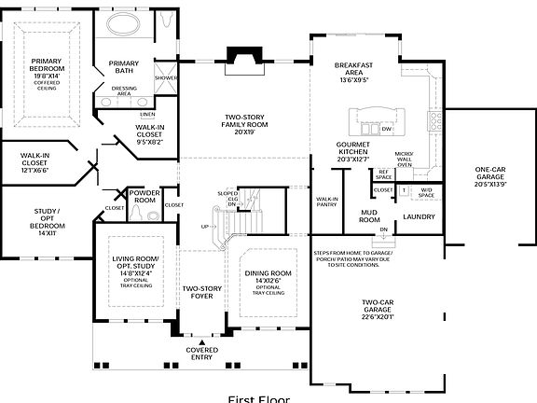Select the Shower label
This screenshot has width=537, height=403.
coord(165,77)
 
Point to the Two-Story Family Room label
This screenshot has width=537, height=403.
coord(244,125)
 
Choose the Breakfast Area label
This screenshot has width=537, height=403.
coord(353,73)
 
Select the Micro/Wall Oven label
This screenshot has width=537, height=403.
coord(403,160)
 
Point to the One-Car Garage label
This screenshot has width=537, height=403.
coord(476,177)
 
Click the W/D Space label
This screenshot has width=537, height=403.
coord(427,193)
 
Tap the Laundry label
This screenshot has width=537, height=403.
coord(419,217)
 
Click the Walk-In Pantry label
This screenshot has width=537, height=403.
coord(327,201)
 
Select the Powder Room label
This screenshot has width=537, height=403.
coord(144,196)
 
